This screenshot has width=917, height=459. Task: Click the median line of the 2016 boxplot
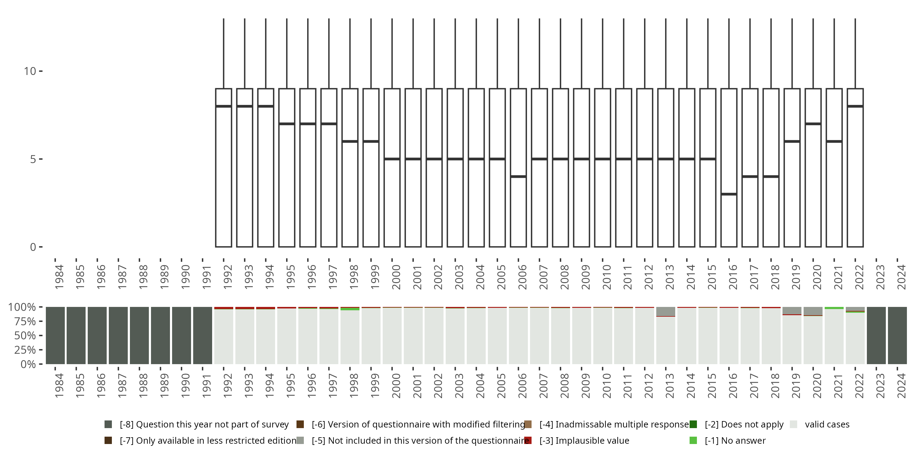tap(729, 194)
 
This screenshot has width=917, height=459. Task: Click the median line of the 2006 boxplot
tap(518, 176)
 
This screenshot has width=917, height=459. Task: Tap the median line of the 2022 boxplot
tap(855, 106)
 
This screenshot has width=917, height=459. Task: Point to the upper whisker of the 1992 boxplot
tap(223, 54)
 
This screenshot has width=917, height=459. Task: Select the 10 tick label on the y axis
tap(30, 71)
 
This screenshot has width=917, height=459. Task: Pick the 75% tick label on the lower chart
tap(25, 321)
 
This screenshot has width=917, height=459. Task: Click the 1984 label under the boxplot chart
tap(59, 277)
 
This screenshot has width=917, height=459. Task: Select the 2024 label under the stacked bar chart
tap(901, 386)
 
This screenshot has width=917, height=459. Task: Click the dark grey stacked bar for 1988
tap(139, 335)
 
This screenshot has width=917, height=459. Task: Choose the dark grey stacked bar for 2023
tap(876, 335)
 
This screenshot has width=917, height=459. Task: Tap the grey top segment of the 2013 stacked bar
tap(666, 311)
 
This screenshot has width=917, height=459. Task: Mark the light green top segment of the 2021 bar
tap(834, 308)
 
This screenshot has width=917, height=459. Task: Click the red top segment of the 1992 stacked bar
tap(223, 308)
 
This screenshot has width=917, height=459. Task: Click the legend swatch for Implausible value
tap(528, 440)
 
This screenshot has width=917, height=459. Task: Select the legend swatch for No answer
tap(693, 440)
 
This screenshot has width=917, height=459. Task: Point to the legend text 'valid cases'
tap(827, 424)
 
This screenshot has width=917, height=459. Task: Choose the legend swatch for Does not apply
tap(693, 424)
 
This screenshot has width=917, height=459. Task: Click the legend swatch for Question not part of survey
tap(108, 424)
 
